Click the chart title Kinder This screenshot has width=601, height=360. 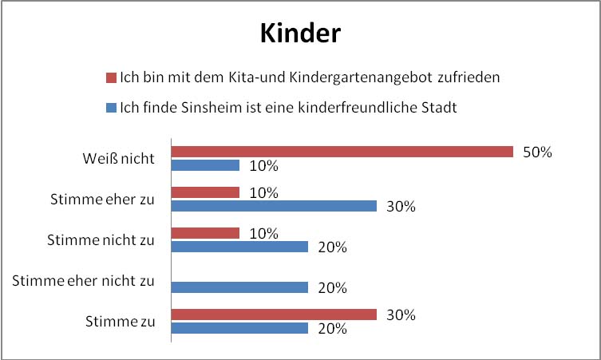tap(300, 34)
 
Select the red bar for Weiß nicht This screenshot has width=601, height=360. tap(342, 152)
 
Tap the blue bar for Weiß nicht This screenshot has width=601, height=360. tap(205, 165)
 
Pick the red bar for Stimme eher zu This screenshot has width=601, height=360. tap(205, 192)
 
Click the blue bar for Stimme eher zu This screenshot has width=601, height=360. tap(274, 206)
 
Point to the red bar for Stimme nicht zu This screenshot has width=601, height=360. tap(205, 233)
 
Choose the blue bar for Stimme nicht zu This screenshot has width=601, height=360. tap(239, 247)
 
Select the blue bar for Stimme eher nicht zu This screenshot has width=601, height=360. tap(239, 287)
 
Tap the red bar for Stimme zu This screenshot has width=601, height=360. tap(274, 315)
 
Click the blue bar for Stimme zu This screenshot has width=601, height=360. tap(239, 328)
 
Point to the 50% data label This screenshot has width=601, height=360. tap(536, 152)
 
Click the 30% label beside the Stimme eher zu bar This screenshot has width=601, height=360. tap(400, 207)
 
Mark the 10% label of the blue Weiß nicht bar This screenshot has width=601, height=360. tap(263, 166)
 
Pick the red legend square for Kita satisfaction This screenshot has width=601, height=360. tap(111, 78)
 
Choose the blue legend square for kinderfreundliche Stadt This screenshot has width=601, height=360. tap(111, 108)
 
